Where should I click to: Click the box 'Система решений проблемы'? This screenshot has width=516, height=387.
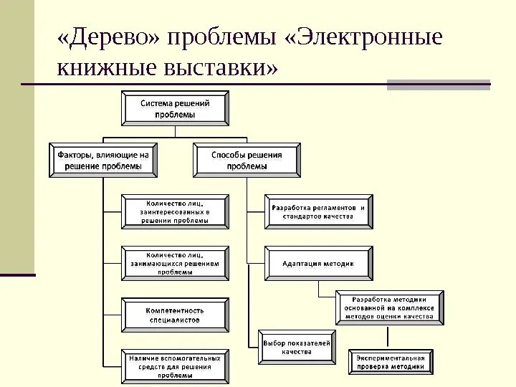click(x=176, y=109)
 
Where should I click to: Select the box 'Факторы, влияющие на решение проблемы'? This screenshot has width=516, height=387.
click(x=105, y=160)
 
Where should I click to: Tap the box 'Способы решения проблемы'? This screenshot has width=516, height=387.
click(x=247, y=160)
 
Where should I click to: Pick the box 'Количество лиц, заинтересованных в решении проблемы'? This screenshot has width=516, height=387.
click(x=176, y=211)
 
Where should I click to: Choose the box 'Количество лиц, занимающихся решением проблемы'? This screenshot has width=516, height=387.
click(x=176, y=263)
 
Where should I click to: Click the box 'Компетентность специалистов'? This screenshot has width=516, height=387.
click(x=176, y=315)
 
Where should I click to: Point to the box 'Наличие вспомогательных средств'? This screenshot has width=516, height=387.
click(x=176, y=365)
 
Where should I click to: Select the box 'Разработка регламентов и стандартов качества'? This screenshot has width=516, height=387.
click(x=318, y=211)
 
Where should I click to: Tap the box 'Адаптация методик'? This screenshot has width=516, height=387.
click(x=318, y=263)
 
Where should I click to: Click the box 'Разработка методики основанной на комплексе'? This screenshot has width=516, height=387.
click(x=390, y=307)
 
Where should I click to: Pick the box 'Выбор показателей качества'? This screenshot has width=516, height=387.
click(x=297, y=348)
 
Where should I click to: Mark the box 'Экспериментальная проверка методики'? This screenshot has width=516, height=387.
click(x=391, y=362)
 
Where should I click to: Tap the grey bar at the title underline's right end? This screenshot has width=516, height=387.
click(x=438, y=85)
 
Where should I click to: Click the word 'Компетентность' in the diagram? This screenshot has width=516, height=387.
click(x=176, y=310)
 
